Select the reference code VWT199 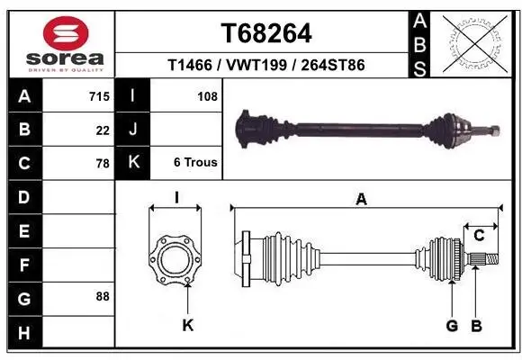(265, 66)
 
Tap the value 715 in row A (99, 94)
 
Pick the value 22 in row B (103, 130)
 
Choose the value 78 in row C (103, 164)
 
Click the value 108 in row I (206, 94)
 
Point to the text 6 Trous (195, 163)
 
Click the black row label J (133, 130)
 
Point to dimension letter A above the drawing (362, 200)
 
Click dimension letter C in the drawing (479, 236)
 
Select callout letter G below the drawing (453, 325)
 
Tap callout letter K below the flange (187, 325)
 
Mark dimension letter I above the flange (175, 199)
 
